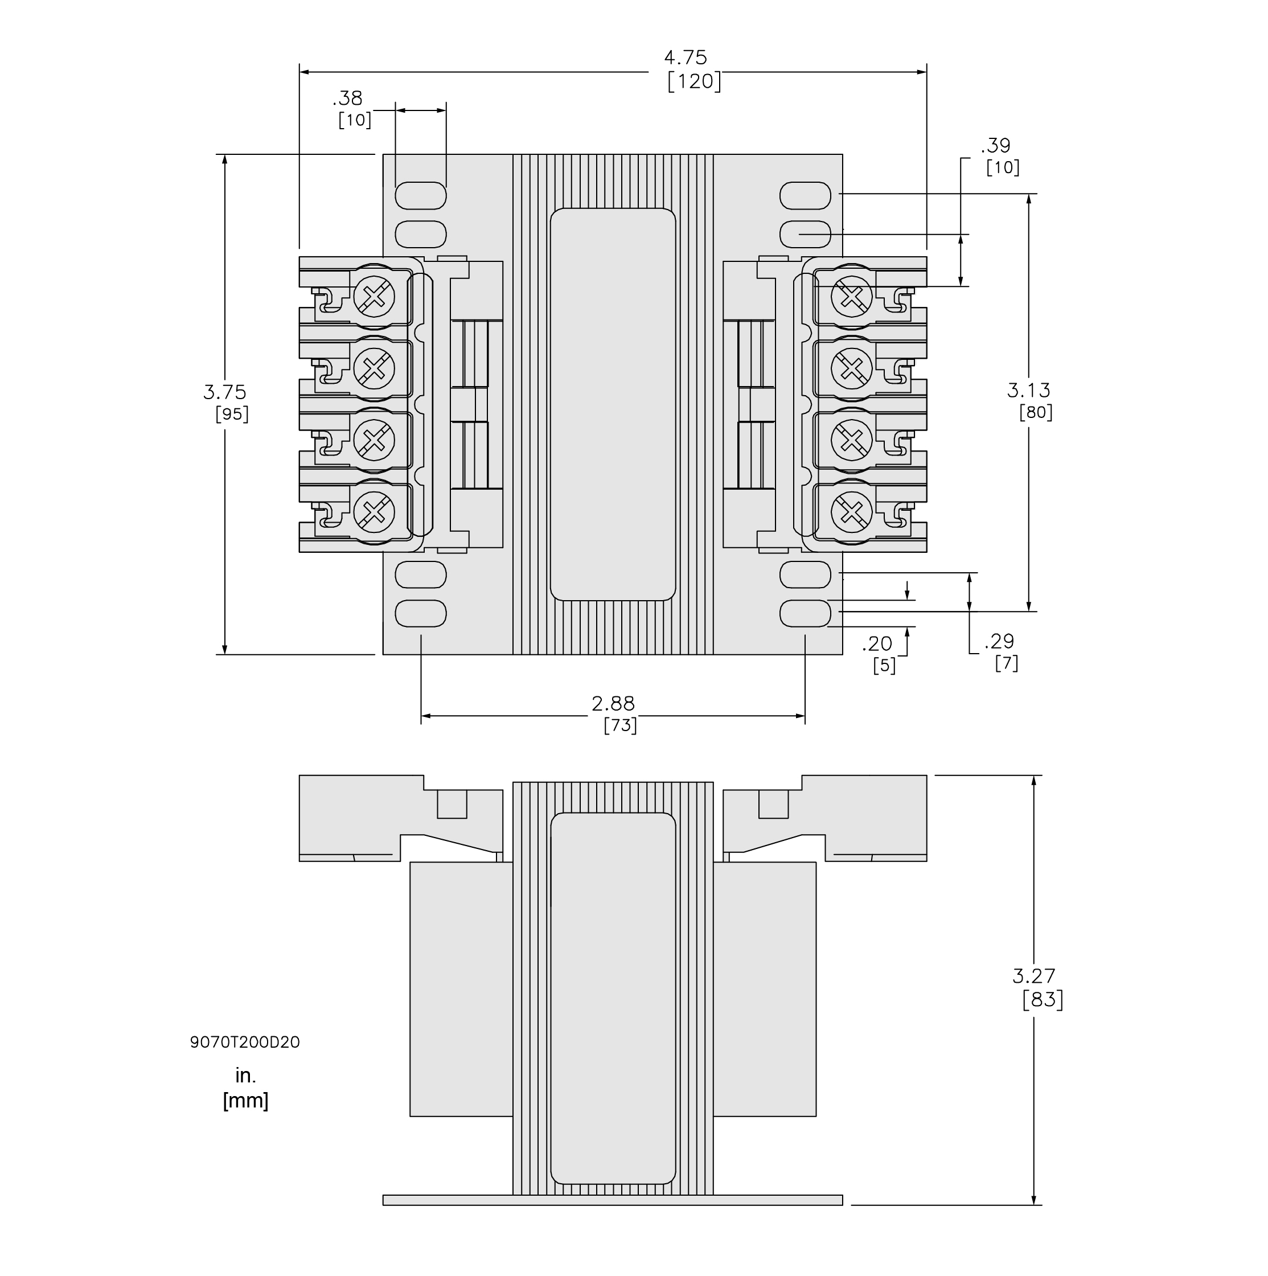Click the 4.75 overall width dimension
(x=685, y=58)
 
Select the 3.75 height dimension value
(x=224, y=392)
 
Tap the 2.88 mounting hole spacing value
(x=612, y=703)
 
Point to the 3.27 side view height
(x=1033, y=975)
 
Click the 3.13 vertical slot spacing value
(x=1028, y=391)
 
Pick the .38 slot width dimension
(x=347, y=99)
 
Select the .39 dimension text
(x=995, y=145)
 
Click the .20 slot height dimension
(x=877, y=643)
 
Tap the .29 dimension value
(x=999, y=641)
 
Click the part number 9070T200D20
(x=244, y=1042)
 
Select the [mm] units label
(x=245, y=1101)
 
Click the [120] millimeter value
(x=693, y=82)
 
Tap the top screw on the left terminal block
(x=374, y=297)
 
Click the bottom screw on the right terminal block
(x=851, y=512)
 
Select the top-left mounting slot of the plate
(x=421, y=195)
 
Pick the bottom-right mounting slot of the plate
(x=805, y=614)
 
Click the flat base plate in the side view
(x=612, y=1200)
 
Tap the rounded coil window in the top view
(x=612, y=404)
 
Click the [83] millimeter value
(x=1042, y=1000)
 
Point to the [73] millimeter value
(x=619, y=726)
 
